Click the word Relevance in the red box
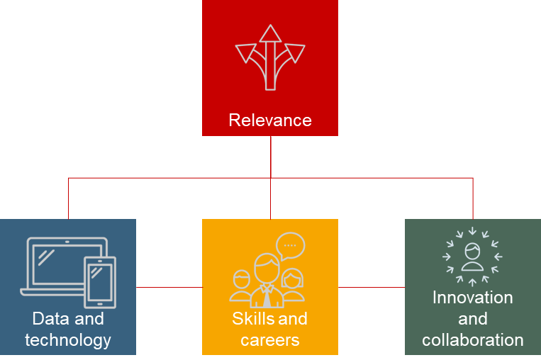coord(270,120)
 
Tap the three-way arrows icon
coord(270,58)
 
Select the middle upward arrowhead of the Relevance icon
coord(270,33)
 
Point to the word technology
coord(68,340)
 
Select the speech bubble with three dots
coord(290,244)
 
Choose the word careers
coord(270,340)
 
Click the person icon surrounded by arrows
coord(472,257)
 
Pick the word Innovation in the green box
coord(473,298)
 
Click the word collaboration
coord(473,340)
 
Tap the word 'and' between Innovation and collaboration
coord(473,319)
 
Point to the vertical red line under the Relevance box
coord(271,156)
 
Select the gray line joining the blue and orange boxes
coord(169,287)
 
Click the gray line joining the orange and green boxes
coord(372,287)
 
